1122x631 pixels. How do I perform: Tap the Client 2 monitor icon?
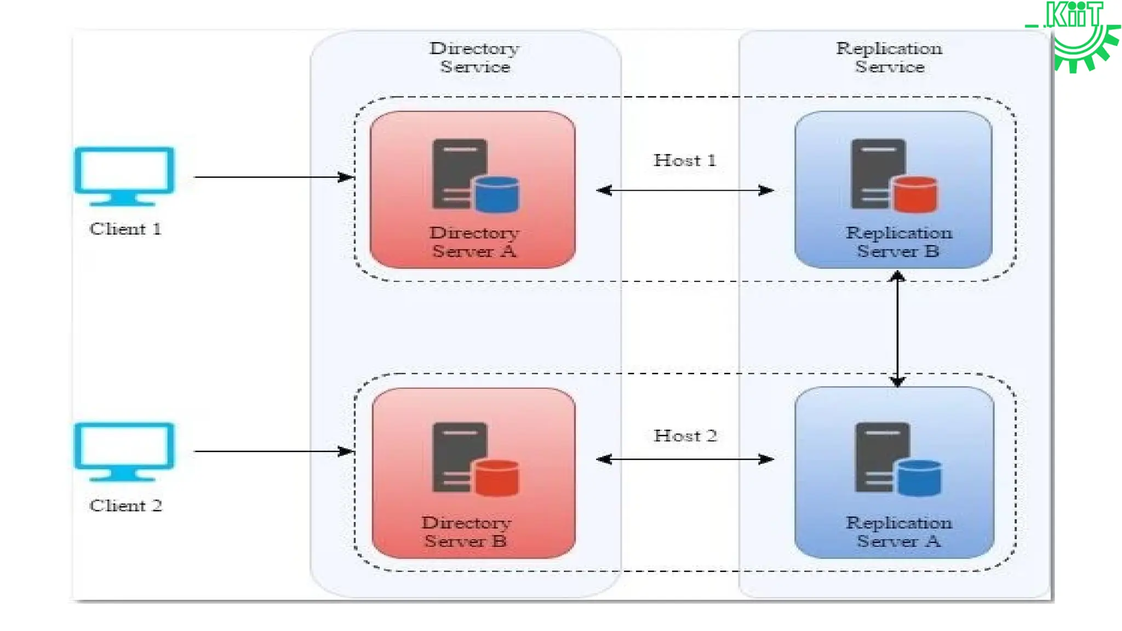point(124,451)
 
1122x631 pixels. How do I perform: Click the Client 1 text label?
point(125,229)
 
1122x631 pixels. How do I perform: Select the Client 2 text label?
point(125,506)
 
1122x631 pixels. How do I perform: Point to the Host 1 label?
point(685,160)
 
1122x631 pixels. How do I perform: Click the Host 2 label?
point(685,436)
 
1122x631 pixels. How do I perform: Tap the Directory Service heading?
point(474,57)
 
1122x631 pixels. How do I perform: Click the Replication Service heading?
point(889,57)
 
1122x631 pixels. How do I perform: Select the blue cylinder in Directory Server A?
point(497,194)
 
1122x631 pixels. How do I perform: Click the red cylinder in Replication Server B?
point(915,194)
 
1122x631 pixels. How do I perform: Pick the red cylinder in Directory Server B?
point(497,478)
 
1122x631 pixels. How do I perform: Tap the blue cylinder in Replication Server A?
point(919,478)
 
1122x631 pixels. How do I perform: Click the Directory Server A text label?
point(474,242)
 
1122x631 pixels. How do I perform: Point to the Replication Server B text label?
point(898,242)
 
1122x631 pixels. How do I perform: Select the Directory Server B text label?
point(466,532)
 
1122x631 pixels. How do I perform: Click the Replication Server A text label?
point(898,532)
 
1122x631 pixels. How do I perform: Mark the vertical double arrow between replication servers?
point(897,329)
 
